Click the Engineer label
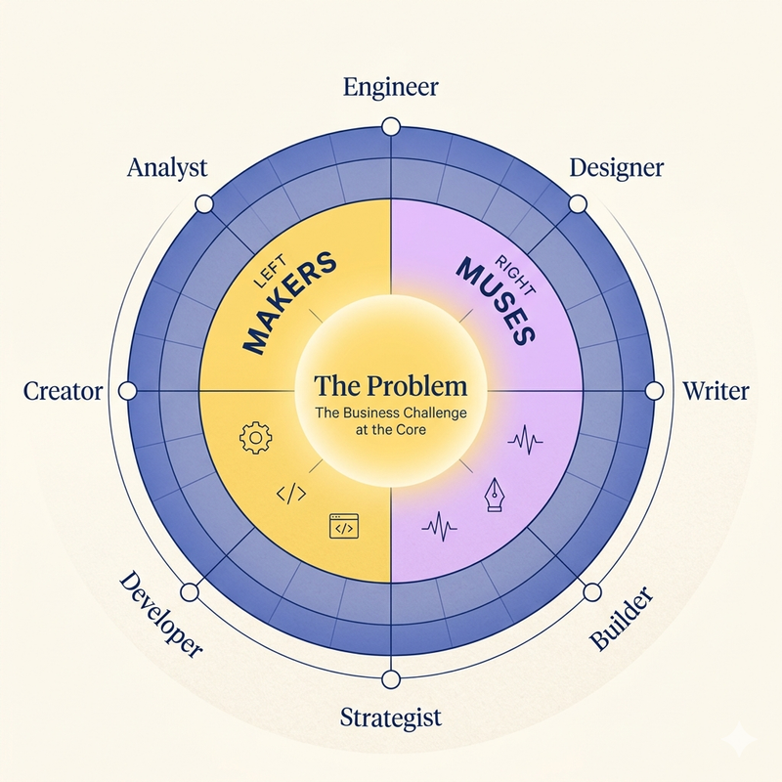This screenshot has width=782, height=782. [391, 87]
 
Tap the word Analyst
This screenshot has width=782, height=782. [167, 168]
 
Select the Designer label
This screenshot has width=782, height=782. [617, 168]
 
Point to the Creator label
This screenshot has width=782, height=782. [63, 391]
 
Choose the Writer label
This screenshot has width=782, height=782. [716, 391]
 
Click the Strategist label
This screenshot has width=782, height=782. [391, 718]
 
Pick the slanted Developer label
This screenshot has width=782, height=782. [160, 615]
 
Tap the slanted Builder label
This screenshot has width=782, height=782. [621, 619]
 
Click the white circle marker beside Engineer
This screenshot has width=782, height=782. [391, 127]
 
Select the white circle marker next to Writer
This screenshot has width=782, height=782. [654, 391]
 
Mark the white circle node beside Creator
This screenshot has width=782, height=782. [128, 391]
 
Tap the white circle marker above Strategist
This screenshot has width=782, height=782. [391, 679]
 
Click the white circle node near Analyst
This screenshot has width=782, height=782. [204, 204]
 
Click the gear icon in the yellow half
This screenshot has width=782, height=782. [256, 438]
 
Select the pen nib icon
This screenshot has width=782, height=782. [494, 495]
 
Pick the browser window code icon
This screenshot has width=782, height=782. [344, 527]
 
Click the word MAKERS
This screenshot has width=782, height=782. [289, 303]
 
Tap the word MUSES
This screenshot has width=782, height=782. [497, 301]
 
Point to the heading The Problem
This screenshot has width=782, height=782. [391, 385]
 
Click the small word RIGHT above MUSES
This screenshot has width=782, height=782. [515, 276]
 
